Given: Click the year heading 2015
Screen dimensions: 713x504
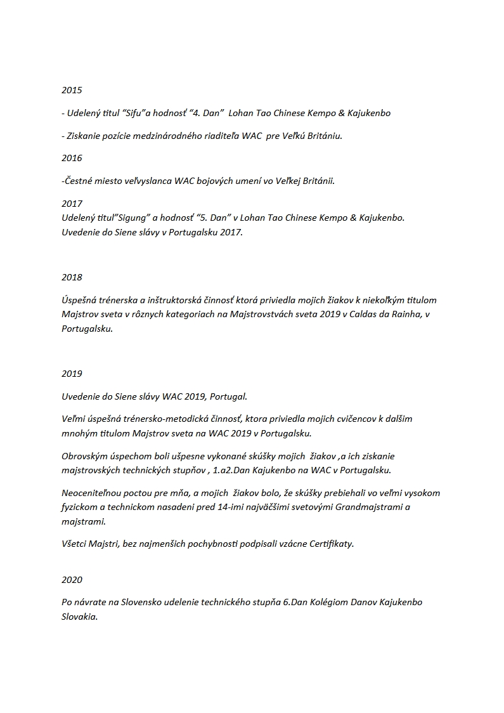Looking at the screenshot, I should click(72, 90).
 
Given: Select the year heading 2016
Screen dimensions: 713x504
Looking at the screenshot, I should click(72, 158).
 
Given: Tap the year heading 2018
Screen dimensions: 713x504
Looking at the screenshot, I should click(72, 277).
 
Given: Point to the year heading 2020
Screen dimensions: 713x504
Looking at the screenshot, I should click(72, 579).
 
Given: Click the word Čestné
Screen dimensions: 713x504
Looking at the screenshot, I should click(79, 181).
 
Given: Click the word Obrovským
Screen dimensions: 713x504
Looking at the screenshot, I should click(86, 456).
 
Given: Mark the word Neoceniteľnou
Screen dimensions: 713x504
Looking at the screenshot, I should click(92, 493).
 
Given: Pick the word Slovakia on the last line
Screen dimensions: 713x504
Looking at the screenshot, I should click(79, 616).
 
